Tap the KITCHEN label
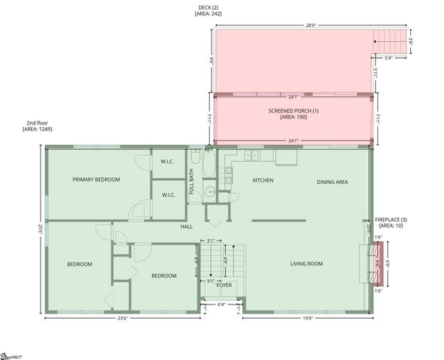262,181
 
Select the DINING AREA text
331,181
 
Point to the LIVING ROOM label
306,263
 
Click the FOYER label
223,285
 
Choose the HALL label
187,226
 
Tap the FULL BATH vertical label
192,181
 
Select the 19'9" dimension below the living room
307,318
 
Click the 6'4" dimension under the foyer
221,305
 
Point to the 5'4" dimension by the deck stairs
388,57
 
